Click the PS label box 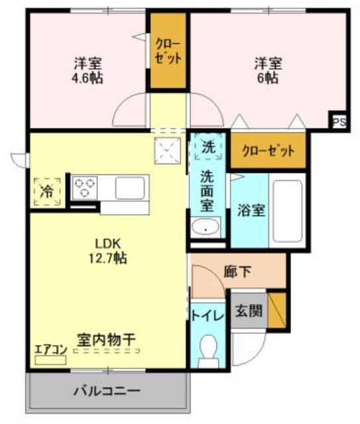(x=339, y=122)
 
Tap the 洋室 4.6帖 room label (x=88, y=71)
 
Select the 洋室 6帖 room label (x=269, y=71)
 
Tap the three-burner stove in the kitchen (x=86, y=187)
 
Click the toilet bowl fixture (x=209, y=349)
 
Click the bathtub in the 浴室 (x=288, y=211)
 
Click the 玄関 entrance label (x=249, y=309)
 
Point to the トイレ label (x=208, y=315)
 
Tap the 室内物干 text (x=106, y=339)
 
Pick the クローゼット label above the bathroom (x=269, y=150)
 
